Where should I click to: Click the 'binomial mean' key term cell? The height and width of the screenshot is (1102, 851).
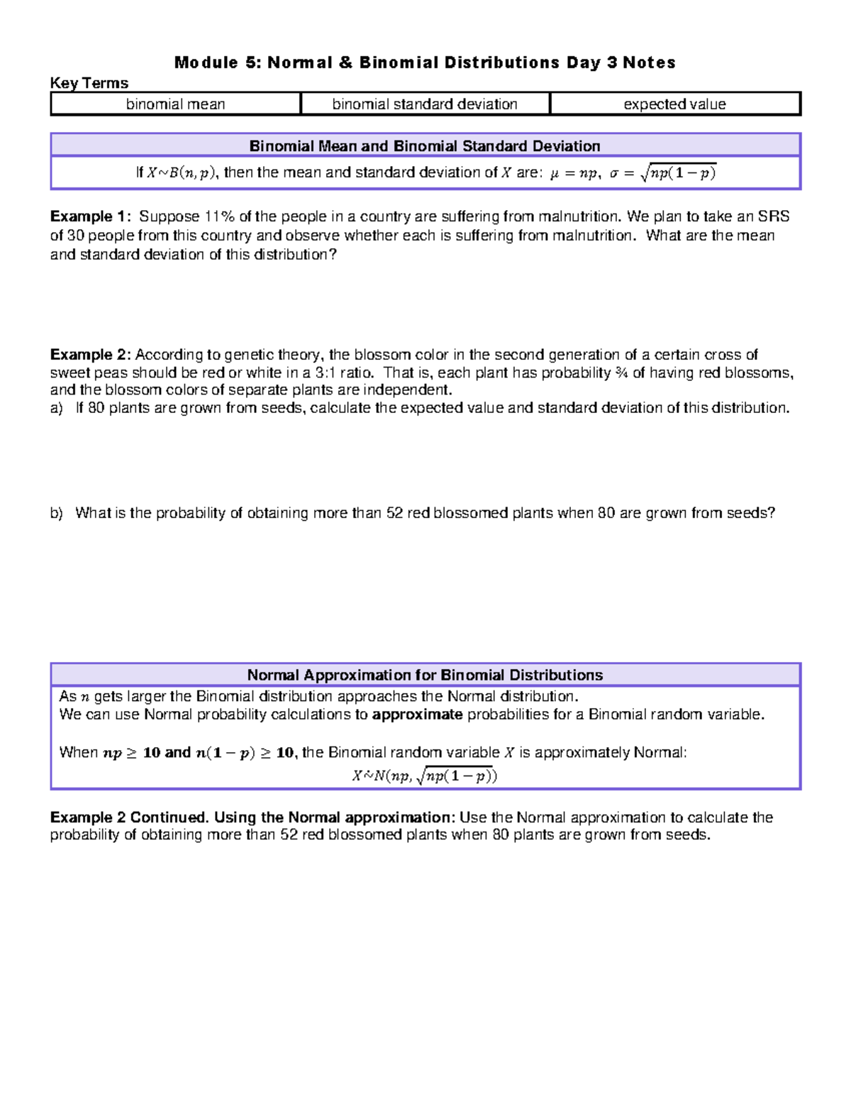click(175, 104)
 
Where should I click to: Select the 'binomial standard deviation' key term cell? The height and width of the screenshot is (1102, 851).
click(425, 104)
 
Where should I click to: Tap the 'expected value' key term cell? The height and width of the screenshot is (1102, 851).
click(674, 104)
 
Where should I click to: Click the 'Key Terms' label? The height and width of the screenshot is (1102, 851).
click(89, 83)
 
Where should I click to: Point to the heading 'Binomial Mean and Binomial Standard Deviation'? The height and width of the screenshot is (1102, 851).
click(425, 146)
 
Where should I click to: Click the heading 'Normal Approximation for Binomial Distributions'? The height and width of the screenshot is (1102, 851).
click(425, 675)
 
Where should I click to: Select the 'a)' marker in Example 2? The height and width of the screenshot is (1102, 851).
click(57, 408)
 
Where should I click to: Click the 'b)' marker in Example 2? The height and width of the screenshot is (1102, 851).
click(57, 513)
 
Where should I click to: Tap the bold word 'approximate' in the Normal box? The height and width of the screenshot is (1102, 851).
click(417, 715)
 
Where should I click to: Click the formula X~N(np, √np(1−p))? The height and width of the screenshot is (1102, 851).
click(425, 776)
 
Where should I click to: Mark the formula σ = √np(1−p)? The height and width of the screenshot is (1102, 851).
click(663, 172)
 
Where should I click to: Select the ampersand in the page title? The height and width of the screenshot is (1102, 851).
click(345, 62)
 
